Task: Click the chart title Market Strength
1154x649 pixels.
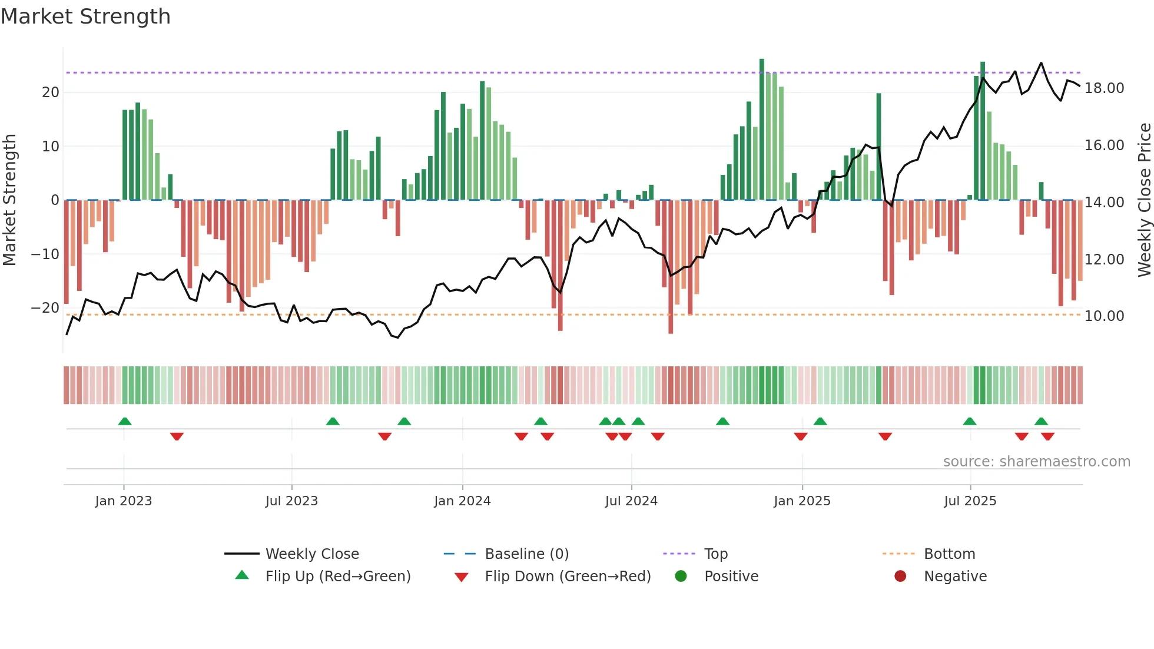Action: [85, 16]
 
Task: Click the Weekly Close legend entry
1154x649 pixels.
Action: [311, 554]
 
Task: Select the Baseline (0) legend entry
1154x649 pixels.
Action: [526, 554]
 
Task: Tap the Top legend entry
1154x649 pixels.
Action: [715, 554]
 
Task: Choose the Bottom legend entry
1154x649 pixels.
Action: [949, 554]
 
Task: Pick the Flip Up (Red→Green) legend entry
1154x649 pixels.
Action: [337, 576]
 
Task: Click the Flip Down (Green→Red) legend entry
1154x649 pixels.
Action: [568, 576]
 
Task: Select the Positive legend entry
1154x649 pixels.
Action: [731, 576]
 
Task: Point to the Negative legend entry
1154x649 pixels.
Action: [954, 576]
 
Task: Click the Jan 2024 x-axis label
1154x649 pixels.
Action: [462, 501]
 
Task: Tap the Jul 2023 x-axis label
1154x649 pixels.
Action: [291, 501]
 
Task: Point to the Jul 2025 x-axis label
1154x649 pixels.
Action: [970, 501]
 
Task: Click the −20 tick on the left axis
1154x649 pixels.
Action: [45, 308]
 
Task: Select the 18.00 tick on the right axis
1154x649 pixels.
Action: [1104, 88]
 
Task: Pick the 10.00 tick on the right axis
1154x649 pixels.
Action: [1104, 316]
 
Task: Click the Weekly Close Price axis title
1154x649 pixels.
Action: [1144, 200]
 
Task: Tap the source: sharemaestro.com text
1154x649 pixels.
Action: [1036, 461]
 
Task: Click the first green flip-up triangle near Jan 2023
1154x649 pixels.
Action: [125, 421]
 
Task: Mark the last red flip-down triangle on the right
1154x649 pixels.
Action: [1047, 436]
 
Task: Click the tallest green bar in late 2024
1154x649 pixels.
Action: [762, 130]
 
